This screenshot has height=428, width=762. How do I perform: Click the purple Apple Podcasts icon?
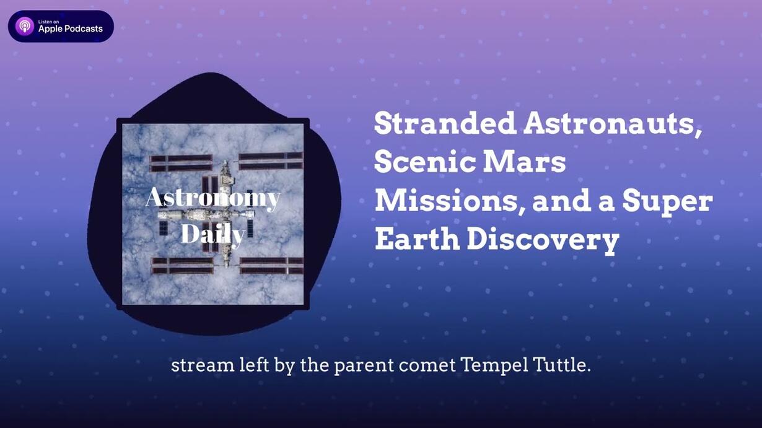click(25, 26)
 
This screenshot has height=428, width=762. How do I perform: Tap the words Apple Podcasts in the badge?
click(71, 29)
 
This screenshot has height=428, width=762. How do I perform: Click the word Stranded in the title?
click(445, 123)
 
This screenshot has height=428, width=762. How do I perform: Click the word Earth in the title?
click(417, 239)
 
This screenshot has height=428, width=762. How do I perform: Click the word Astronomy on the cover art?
click(213, 198)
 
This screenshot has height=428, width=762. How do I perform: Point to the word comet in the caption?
click(427, 365)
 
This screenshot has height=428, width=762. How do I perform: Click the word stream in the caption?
click(203, 365)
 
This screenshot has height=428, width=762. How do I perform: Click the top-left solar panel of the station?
click(181, 163)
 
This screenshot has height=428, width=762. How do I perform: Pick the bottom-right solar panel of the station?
click(271, 266)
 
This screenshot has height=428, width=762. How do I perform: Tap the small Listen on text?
click(49, 22)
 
